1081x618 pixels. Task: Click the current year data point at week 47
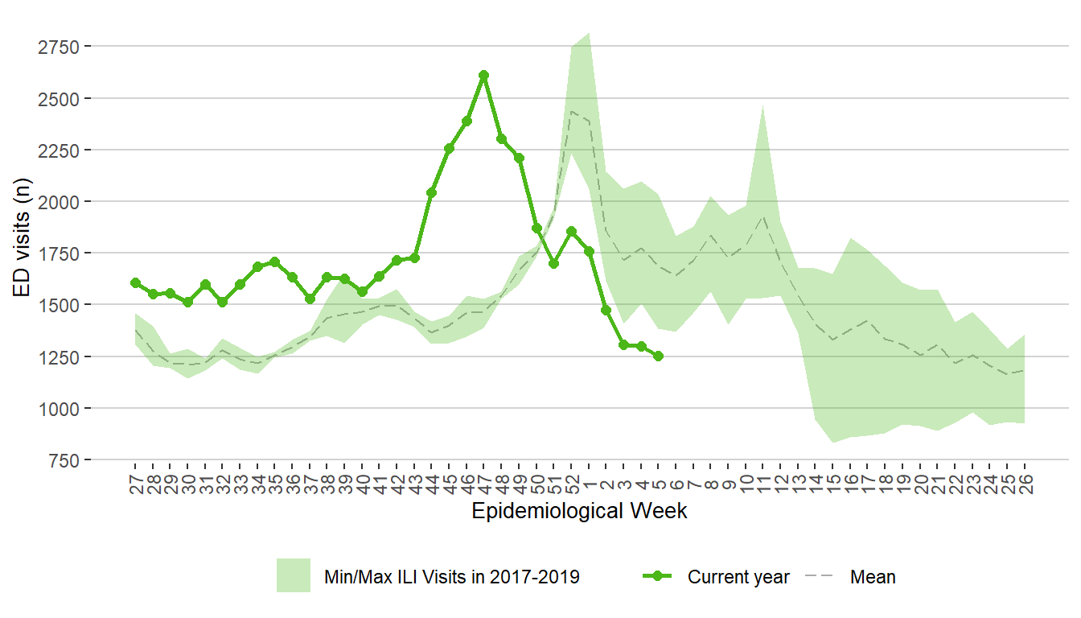coord(483,75)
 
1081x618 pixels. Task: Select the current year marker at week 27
coord(135,282)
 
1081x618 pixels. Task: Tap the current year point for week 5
coord(658,356)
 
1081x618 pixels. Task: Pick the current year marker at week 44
coord(432,192)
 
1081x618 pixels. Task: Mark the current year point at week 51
coord(553,263)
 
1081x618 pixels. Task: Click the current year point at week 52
coord(571,231)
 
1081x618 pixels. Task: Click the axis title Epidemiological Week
coord(579,511)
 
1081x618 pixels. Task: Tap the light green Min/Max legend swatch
coord(294,575)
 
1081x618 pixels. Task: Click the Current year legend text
coord(738,577)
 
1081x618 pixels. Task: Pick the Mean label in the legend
coord(873,577)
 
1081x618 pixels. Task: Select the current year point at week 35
coord(275,262)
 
